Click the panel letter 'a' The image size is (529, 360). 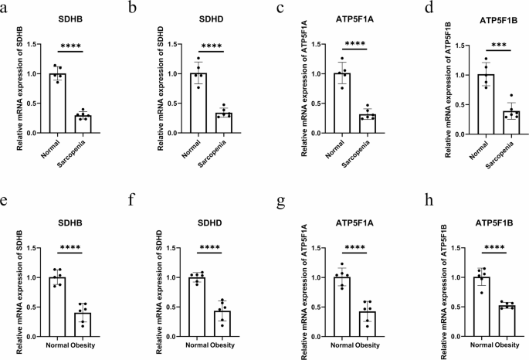(7, 8)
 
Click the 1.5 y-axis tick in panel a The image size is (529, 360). (33, 44)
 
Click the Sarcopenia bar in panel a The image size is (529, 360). (83, 124)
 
